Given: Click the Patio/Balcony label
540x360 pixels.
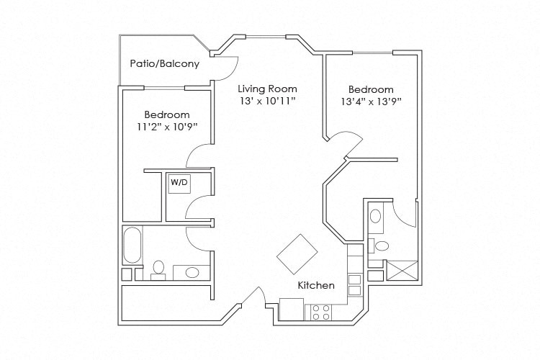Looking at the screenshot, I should coord(164,63).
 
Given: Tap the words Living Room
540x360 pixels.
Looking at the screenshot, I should coord(267,89).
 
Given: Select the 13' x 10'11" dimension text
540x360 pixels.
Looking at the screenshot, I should coord(268,102).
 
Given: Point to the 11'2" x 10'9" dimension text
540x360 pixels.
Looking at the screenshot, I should coord(166,127).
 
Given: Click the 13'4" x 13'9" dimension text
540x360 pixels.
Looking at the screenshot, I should coord(371,102).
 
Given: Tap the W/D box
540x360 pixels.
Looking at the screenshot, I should coord(179,184).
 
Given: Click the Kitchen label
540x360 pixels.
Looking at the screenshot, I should coord(316,285).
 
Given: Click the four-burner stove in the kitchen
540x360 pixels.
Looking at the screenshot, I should coord(320,312).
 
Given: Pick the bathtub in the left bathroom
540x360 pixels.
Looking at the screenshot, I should coord(132,246).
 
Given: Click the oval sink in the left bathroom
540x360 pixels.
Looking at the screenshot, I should coord(192,272).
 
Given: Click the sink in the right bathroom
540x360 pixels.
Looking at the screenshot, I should coord(377,216).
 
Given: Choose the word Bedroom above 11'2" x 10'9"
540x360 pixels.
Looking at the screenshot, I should coord(166,115).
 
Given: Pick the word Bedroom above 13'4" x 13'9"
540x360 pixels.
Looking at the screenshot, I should coord(371,89).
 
